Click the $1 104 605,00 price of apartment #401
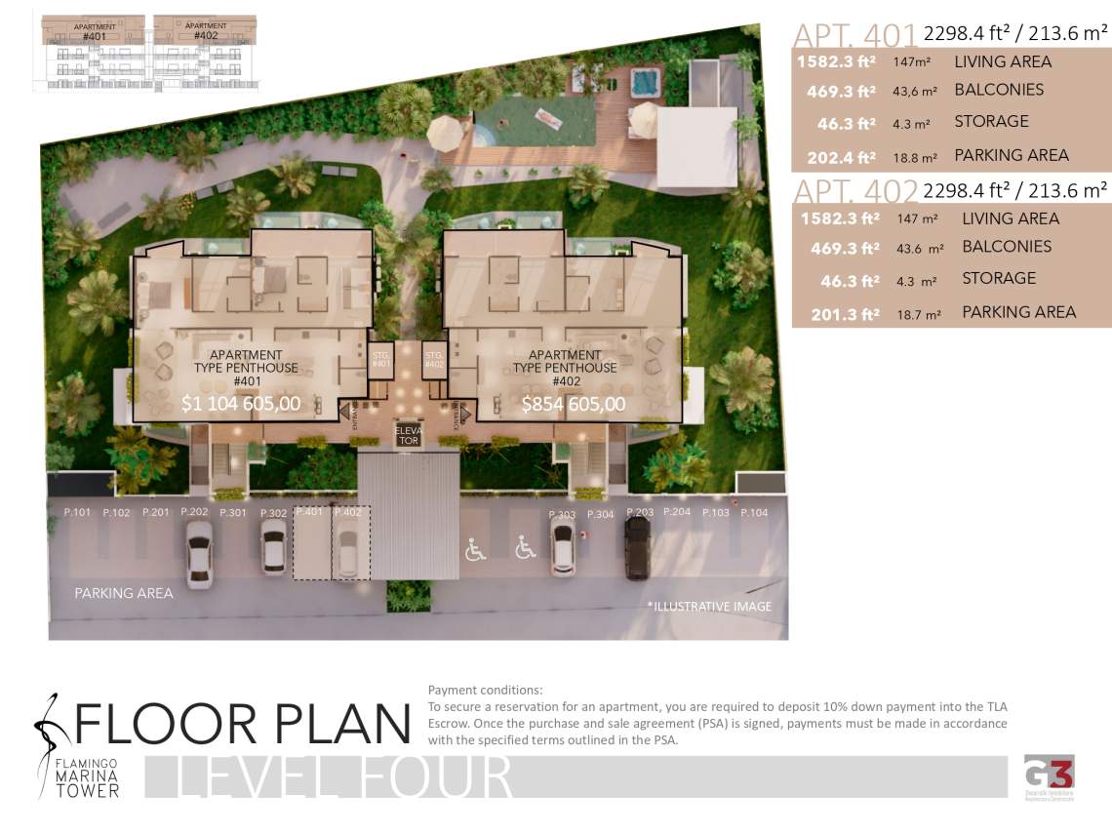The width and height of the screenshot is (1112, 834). click(241, 403)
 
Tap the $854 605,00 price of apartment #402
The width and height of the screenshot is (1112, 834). click(574, 403)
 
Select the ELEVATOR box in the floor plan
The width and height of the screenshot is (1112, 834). click(407, 435)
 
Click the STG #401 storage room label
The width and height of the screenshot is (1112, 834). click(381, 360)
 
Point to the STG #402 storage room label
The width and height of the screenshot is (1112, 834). click(434, 360)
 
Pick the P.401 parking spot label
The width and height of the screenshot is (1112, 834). click(309, 512)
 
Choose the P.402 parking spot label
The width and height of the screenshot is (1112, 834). click(348, 512)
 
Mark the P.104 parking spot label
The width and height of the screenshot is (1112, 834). click(754, 512)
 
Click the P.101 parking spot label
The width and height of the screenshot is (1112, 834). click(77, 512)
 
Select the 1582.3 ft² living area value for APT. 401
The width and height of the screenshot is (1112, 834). click(836, 62)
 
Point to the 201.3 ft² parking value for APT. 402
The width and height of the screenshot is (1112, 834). click(845, 314)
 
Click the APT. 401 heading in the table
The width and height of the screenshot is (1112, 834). click(854, 35)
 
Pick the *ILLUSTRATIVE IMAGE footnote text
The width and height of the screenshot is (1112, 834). click(709, 607)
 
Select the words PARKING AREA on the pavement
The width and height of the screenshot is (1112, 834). click(124, 593)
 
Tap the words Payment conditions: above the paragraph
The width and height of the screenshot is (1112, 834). click(485, 691)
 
